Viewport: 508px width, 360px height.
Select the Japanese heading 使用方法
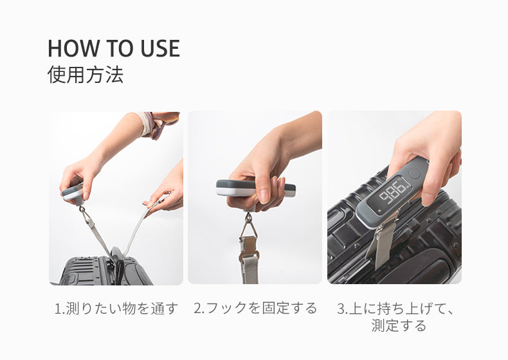86,75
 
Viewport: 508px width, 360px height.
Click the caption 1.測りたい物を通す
116,308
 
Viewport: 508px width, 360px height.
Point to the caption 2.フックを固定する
255,308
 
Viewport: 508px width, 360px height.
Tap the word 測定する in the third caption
399,325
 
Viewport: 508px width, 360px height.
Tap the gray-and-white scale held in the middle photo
256,188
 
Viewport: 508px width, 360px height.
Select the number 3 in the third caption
341,309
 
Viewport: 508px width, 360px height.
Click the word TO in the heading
120,48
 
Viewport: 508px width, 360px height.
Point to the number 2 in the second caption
197,308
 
